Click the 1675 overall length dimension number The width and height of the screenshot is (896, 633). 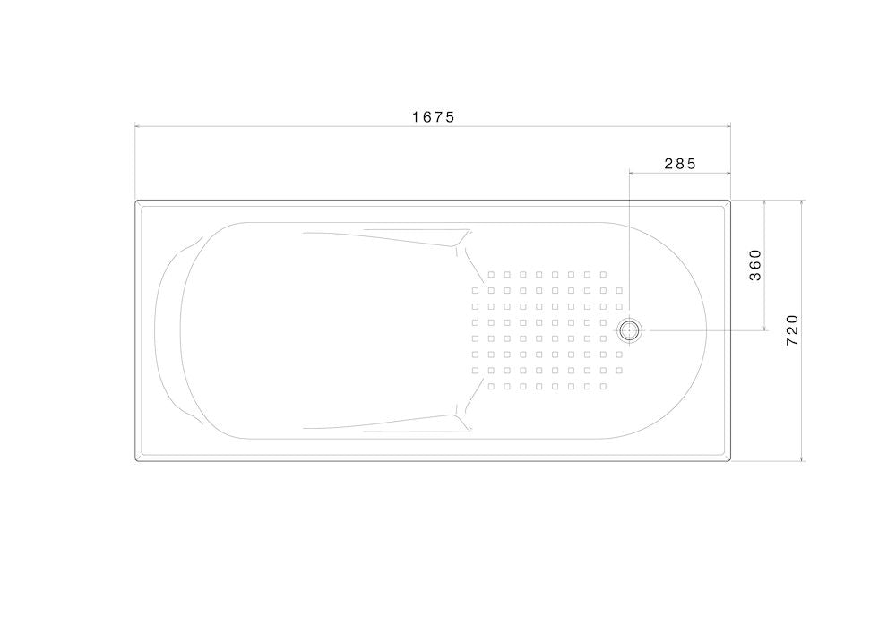click(434, 117)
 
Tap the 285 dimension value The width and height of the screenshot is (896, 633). click(681, 164)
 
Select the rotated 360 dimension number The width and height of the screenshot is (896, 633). click(755, 265)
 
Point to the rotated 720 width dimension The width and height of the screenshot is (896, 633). click(792, 329)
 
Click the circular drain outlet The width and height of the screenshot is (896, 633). click(629, 330)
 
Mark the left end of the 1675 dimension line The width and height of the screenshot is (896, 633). click(135, 126)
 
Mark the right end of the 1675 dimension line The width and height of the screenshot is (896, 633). click(731, 126)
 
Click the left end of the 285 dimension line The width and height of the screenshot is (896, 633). click(629, 172)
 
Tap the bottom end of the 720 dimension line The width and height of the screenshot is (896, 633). click(802, 460)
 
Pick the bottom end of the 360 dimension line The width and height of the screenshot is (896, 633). click(764, 330)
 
